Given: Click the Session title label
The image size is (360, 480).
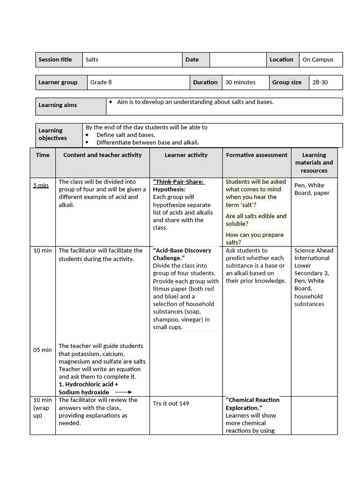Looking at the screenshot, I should [55, 60].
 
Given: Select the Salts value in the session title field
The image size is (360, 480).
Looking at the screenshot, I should [92, 60].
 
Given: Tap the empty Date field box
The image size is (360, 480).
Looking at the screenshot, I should [238, 60].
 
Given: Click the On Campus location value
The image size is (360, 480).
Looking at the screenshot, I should [318, 60].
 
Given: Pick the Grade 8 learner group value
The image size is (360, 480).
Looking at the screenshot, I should [101, 82].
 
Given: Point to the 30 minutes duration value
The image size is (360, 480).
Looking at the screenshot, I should [240, 82].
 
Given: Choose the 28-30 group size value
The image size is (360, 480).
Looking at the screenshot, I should [320, 82].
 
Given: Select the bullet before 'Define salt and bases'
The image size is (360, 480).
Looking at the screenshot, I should [87, 135].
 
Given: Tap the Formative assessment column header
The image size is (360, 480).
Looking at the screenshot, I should [256, 155].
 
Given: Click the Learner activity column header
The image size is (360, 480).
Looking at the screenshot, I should [186, 155].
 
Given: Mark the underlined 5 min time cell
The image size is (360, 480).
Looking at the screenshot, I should [41, 185].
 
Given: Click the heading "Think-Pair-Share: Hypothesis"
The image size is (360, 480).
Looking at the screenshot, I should [179, 185].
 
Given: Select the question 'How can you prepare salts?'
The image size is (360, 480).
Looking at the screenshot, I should [255, 238].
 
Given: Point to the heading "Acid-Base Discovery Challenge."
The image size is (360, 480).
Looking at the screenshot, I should [182, 254].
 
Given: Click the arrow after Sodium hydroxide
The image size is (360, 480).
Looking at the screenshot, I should [123, 392].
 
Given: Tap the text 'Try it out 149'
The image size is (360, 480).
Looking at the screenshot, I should [171, 403].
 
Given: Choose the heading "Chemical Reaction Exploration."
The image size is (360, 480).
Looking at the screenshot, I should [253, 404].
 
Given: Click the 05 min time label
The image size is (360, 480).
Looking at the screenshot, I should [43, 350].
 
